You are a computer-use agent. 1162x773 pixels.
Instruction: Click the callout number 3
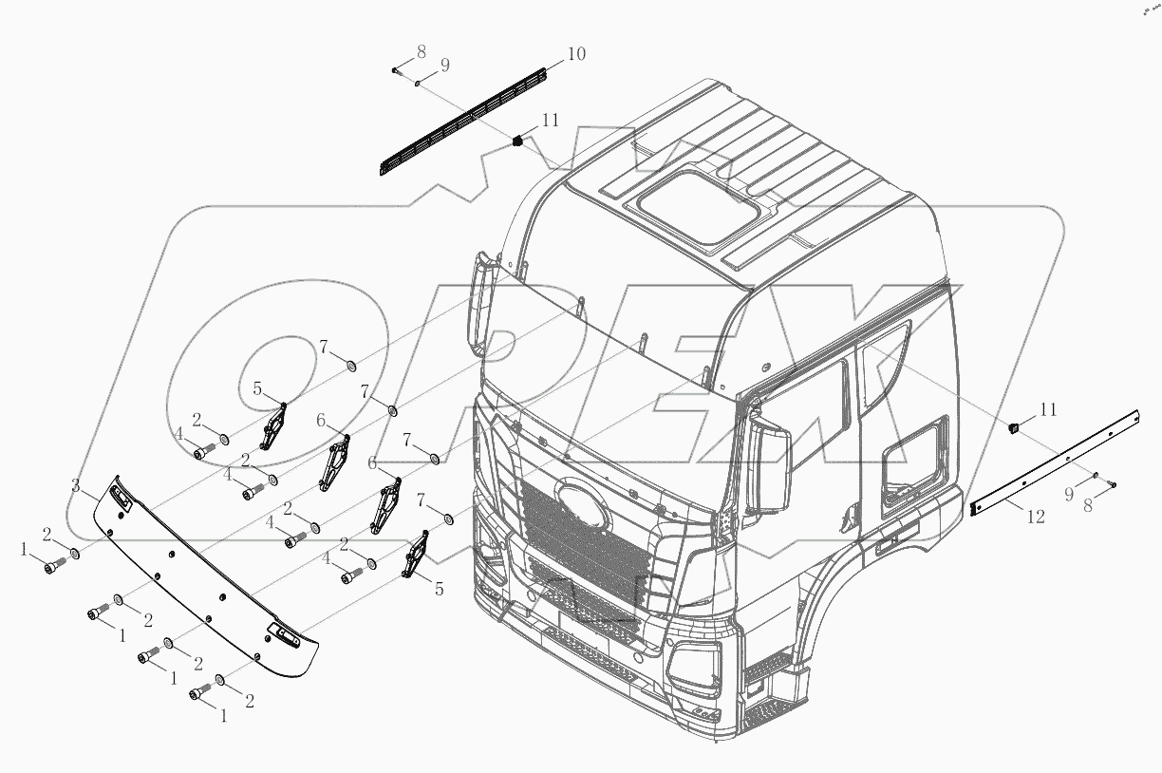tap(77, 485)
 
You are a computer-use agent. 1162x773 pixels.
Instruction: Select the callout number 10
tap(576, 55)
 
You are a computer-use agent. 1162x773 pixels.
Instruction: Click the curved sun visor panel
tap(204, 578)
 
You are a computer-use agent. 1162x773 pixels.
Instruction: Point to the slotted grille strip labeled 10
tap(465, 121)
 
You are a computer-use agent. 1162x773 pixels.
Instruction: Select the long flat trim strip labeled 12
tap(1054, 462)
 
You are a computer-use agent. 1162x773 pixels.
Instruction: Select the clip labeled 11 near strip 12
tap(1015, 426)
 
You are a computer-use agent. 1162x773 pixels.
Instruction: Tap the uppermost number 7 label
tap(324, 347)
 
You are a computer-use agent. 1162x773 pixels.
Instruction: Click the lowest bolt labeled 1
tap(199, 694)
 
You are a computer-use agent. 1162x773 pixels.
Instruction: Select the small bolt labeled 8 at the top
tap(394, 69)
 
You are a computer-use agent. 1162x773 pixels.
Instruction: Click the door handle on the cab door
tap(889, 543)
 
